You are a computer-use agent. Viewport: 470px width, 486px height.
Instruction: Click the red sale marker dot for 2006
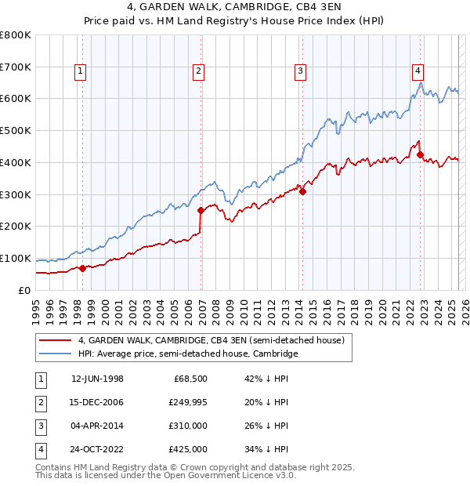201,210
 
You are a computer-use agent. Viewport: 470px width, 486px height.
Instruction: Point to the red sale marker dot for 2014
302,190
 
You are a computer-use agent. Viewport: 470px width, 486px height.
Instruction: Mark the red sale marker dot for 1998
82,268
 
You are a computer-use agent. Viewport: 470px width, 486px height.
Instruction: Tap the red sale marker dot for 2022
420,154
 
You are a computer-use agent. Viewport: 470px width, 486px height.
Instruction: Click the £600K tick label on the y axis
16,99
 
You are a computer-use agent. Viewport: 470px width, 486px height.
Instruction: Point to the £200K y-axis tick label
16,227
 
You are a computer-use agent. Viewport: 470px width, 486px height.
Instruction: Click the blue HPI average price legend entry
188,354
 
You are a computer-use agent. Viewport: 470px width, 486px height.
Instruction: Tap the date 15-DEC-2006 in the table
97,402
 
